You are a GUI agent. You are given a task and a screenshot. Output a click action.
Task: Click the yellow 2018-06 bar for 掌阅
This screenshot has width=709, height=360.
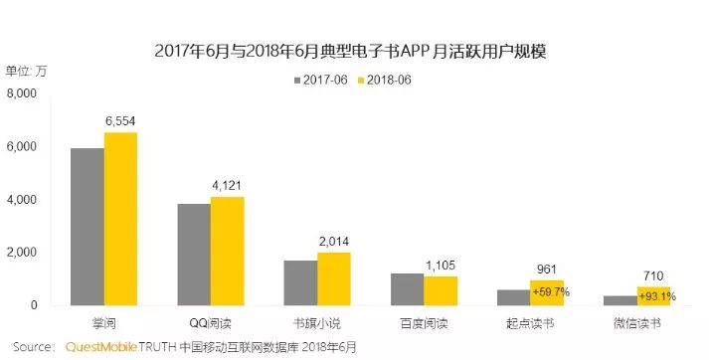pyautogui.click(x=120, y=219)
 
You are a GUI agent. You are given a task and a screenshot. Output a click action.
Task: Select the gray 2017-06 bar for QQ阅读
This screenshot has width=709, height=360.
pyautogui.click(x=194, y=255)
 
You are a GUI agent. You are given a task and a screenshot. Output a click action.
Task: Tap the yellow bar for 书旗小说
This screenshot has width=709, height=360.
pyautogui.click(x=334, y=279)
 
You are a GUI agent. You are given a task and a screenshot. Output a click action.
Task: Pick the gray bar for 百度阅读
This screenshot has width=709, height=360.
pyautogui.click(x=408, y=289)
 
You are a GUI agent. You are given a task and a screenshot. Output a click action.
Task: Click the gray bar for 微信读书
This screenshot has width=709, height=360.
pyautogui.click(x=620, y=300)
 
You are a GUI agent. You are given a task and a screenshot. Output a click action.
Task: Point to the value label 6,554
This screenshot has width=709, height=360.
pyautogui.click(x=120, y=121)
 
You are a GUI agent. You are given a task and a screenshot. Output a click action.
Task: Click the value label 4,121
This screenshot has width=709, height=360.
pyautogui.click(x=227, y=185)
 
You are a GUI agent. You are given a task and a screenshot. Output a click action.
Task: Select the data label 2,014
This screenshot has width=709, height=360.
pyautogui.click(x=334, y=242)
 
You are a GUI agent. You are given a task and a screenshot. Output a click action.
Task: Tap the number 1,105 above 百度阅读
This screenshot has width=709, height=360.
pyautogui.click(x=441, y=266)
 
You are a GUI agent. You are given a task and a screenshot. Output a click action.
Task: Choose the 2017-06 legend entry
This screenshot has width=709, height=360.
pyautogui.click(x=320, y=80)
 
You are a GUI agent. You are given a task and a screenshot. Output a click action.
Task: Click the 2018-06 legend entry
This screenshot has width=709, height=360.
pyautogui.click(x=385, y=80)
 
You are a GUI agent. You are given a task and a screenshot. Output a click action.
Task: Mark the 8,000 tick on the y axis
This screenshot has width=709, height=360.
pyautogui.click(x=21, y=94)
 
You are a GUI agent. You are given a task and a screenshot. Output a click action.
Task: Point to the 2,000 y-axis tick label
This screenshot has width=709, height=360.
pyautogui.click(x=21, y=253)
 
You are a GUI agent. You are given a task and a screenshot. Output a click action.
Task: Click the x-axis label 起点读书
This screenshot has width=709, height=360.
pyautogui.click(x=530, y=324)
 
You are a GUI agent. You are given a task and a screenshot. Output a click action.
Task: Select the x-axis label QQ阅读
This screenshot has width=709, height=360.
pyautogui.click(x=210, y=324)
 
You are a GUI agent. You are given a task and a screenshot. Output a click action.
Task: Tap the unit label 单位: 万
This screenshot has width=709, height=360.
pyautogui.click(x=26, y=71)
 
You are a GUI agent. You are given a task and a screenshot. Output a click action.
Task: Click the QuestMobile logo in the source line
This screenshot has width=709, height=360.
pyautogui.click(x=101, y=347)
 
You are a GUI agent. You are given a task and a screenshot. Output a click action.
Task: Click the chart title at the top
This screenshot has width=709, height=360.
pyautogui.click(x=350, y=51)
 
